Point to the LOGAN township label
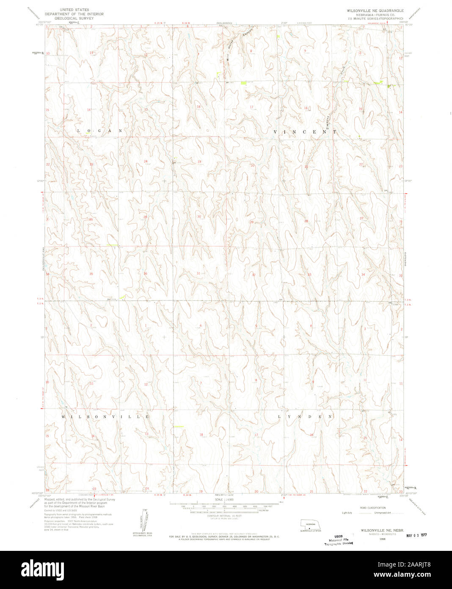click(99, 131)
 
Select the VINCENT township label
click(305, 132)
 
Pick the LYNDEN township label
click(305, 417)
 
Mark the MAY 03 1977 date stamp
click(416, 535)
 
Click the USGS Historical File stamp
click(341, 539)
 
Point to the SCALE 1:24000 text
click(225, 500)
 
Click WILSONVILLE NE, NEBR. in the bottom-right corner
click(376, 530)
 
